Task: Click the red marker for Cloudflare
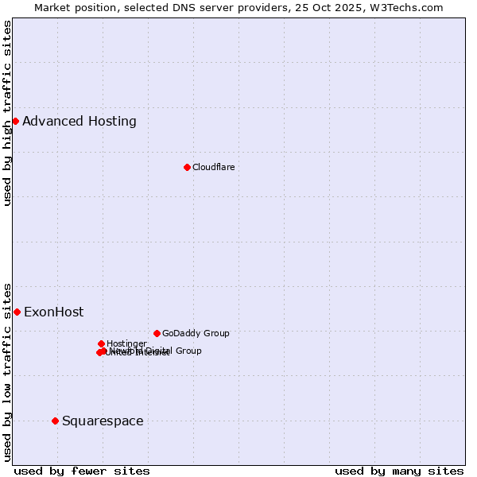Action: click(x=187, y=167)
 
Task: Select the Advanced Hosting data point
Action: click(x=15, y=121)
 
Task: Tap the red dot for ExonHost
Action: click(x=17, y=312)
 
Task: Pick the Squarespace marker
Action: click(x=55, y=421)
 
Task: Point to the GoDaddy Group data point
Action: click(x=157, y=333)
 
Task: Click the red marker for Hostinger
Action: click(x=101, y=343)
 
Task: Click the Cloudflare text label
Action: click(x=213, y=167)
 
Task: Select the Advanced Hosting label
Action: click(x=79, y=122)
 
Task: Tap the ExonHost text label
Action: click(x=53, y=312)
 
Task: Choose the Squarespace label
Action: click(x=103, y=421)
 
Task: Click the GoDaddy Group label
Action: click(x=196, y=333)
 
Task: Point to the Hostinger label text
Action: click(x=126, y=343)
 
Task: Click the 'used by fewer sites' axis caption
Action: click(x=82, y=471)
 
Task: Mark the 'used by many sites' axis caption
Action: click(x=399, y=471)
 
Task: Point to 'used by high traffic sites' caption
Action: click(x=7, y=113)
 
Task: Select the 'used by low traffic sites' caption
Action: click(x=7, y=371)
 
